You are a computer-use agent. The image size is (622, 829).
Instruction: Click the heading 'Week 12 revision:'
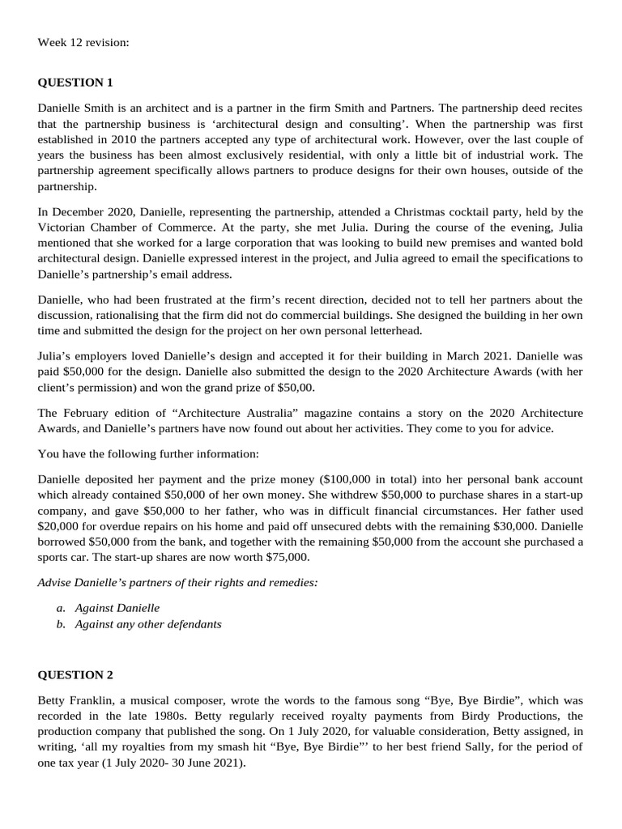pos(83,42)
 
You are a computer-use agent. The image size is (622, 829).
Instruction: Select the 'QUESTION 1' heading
pos(75,83)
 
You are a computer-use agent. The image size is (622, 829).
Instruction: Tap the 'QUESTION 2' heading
pos(75,675)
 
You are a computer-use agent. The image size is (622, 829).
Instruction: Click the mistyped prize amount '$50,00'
pos(297,387)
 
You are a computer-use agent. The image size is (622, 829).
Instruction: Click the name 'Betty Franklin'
pos(75,699)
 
